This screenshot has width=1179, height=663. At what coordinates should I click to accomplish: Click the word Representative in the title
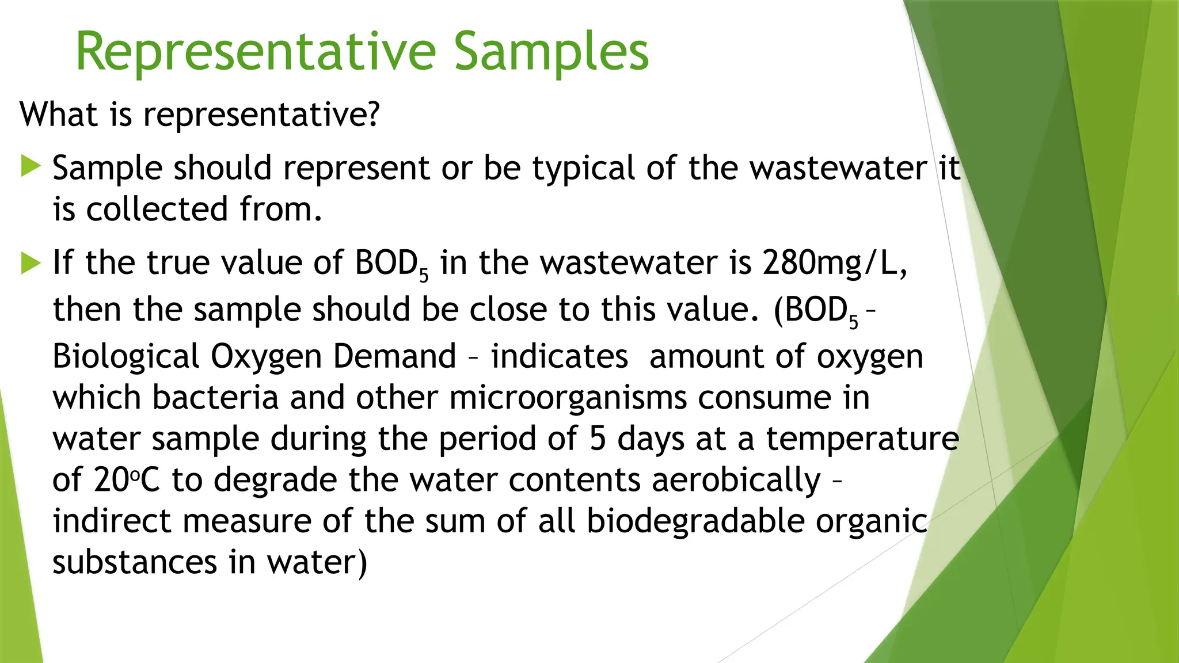coord(256,53)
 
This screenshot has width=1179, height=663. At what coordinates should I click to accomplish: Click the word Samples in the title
coord(551,53)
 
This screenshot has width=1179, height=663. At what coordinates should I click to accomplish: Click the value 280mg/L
coord(835,263)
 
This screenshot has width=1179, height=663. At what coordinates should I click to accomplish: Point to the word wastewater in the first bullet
coord(838,168)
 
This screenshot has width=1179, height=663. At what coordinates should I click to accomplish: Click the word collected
coord(158,209)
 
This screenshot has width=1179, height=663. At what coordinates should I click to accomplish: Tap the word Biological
coord(125,357)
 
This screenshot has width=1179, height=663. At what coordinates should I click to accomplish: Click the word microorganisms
coord(568,398)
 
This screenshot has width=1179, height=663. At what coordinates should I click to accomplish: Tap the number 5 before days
coord(598,439)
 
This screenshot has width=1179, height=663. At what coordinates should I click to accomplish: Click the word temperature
coord(862,439)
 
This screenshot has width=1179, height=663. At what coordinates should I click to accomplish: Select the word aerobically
coord(736,480)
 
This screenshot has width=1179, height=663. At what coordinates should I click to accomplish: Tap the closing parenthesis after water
coord(362,563)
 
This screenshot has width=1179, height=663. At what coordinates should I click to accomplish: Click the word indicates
coord(559,356)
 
